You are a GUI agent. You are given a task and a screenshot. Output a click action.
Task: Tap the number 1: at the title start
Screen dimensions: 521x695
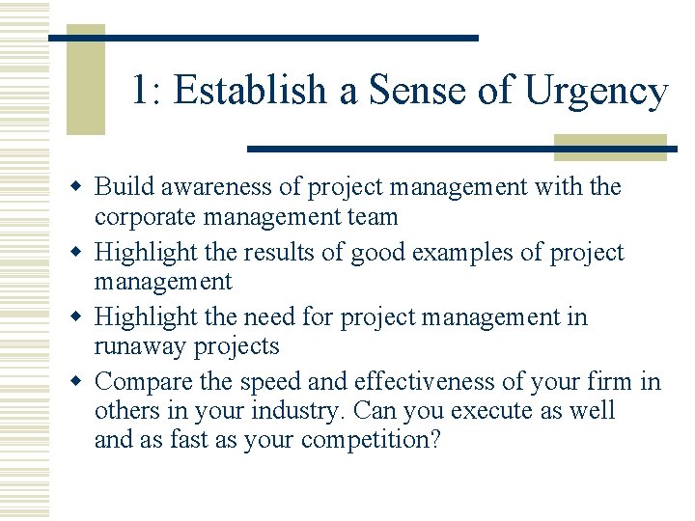click(148, 91)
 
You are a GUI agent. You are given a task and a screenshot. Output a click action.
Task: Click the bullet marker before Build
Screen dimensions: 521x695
click(81, 186)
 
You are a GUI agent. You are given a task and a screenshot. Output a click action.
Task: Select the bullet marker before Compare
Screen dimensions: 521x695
click(81, 382)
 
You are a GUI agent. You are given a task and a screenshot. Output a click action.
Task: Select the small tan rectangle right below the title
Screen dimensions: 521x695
click(610, 147)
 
